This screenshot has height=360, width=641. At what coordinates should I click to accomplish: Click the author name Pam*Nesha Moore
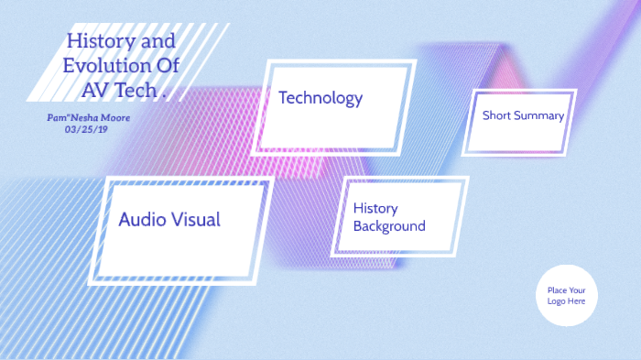[x=89, y=118]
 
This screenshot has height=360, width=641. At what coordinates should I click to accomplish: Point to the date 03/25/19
[x=87, y=130]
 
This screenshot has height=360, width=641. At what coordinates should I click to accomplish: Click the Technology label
[x=320, y=98]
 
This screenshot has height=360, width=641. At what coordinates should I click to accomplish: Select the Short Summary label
[x=523, y=115]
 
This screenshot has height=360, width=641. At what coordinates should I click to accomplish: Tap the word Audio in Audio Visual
[x=145, y=220]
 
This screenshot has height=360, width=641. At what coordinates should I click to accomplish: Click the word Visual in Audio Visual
[x=198, y=220]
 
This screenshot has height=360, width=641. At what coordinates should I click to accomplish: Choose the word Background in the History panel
[x=389, y=226]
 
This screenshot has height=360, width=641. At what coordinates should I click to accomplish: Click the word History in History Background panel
[x=375, y=209]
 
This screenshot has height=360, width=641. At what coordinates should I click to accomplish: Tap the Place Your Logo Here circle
[x=567, y=295]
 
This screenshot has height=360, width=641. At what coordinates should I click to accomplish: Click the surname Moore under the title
[x=116, y=118]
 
